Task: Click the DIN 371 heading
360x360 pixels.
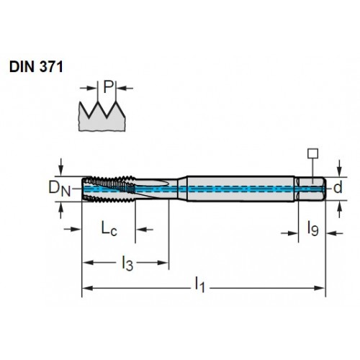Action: click(36, 67)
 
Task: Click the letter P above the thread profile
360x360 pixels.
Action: click(108, 86)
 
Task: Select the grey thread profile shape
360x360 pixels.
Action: click(102, 117)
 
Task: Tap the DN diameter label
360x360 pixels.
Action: click(60, 189)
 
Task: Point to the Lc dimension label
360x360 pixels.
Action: click(109, 228)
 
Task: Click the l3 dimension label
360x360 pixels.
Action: click(127, 264)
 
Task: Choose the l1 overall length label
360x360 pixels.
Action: click(199, 285)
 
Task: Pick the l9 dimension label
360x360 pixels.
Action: click(312, 229)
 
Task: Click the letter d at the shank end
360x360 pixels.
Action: click(338, 188)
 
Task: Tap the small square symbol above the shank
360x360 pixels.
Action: click(313, 153)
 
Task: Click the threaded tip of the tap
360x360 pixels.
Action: click(109, 189)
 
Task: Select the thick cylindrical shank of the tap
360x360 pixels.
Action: click(240, 189)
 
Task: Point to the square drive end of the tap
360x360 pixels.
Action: click(310, 189)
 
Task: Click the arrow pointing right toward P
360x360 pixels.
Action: click(88, 88)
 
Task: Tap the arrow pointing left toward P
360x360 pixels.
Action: click(125, 89)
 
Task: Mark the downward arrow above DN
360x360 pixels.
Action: click(61, 167)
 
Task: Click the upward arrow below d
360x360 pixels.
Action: click(339, 209)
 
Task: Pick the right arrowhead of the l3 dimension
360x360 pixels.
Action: click(163, 262)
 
